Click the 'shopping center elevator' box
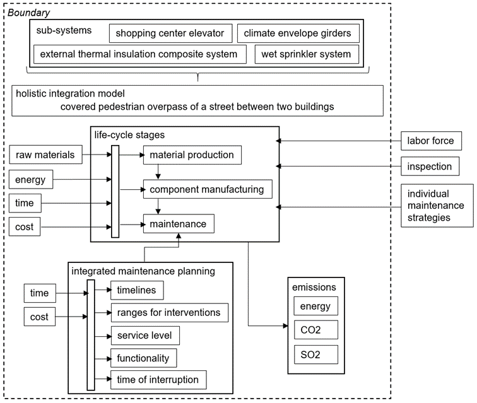170,33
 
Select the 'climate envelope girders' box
298,33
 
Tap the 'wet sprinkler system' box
307,54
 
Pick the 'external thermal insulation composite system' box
140,54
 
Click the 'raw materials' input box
45,155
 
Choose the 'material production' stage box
192,155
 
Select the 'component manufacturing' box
208,189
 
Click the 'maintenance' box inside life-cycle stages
179,224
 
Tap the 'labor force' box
431,141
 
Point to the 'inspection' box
430,166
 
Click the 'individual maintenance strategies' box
437,206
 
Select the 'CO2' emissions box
315,330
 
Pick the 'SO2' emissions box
315,354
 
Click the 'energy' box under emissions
315,306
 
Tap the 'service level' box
145,336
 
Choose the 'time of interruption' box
158,380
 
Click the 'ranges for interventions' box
170,313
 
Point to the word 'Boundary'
28,13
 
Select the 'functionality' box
144,358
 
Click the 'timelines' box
137,290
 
